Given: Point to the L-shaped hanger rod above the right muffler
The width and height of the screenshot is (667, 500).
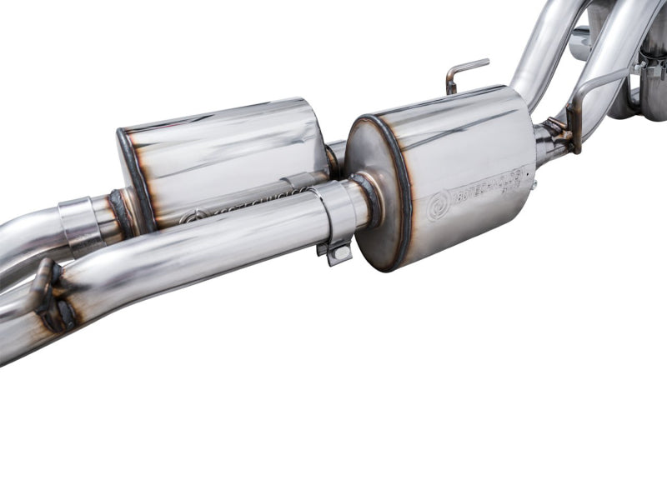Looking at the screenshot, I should pyautogui.click(x=463, y=73).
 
